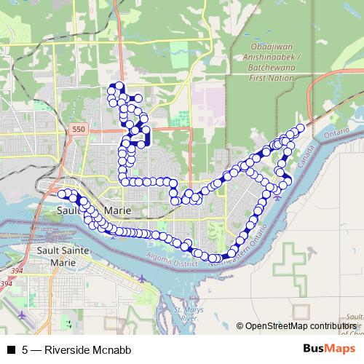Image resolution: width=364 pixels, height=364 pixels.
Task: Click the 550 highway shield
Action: pos(78,128)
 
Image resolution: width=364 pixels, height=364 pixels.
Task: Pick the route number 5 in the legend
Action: pos(25,349)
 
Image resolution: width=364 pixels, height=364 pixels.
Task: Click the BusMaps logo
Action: pos(330,349)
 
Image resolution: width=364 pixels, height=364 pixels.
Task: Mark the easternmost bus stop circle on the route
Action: pos(301,128)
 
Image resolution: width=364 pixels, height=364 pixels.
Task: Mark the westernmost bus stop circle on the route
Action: pos(61,193)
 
